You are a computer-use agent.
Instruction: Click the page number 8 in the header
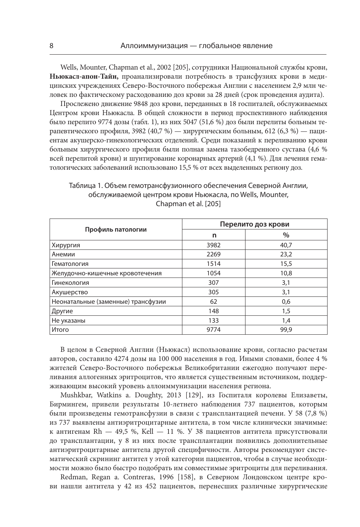51,46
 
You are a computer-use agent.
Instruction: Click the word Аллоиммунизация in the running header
153,46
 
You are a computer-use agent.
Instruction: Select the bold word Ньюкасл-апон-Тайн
84,77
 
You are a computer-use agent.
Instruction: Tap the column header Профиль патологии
116,229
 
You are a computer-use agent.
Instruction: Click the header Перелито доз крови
254,224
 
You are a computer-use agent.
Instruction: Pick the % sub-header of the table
286,235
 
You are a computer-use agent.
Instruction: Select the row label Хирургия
66,245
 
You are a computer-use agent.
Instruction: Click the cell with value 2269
213,255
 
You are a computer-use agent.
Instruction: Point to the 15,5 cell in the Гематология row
286,264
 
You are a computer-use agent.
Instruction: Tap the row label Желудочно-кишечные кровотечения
107,273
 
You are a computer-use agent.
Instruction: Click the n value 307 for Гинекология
213,283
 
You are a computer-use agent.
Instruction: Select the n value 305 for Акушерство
213,292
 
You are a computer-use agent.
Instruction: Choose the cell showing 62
213,302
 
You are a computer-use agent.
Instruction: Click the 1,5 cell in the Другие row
286,311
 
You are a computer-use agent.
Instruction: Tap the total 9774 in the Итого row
213,330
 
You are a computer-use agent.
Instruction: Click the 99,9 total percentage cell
286,330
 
